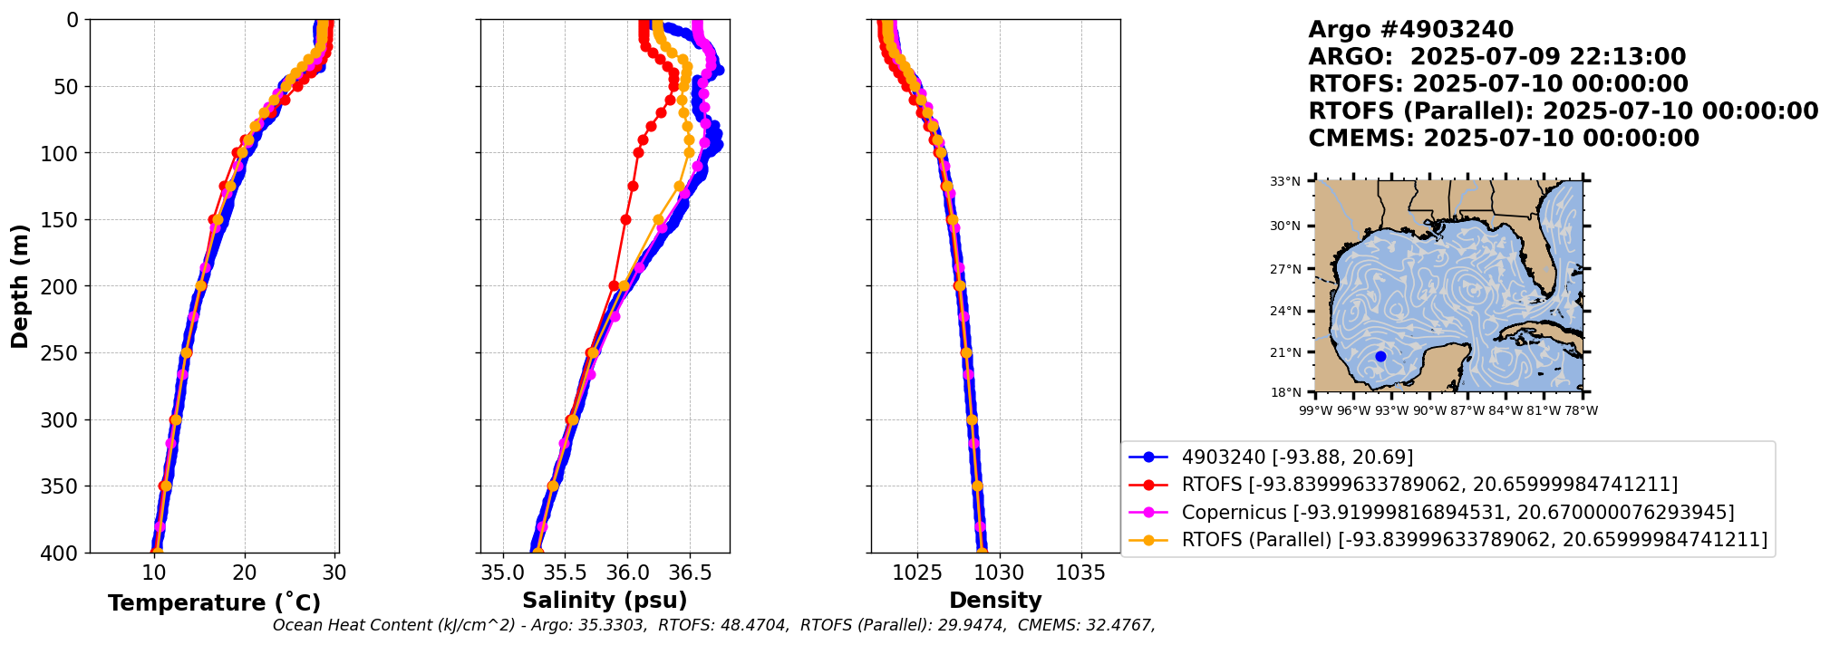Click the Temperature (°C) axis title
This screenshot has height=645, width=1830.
coord(214,603)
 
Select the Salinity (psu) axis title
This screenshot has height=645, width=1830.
coord(605,601)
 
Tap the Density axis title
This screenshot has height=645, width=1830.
coord(995,601)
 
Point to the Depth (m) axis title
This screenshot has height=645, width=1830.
coord(20,286)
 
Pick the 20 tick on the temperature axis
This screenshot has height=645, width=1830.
coord(245,573)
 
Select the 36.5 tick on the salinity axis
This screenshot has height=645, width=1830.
coord(689,573)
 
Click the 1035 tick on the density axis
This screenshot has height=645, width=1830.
coord(1080,573)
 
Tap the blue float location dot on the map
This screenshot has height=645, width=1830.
coord(1380,356)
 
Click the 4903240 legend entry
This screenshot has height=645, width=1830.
coord(1296,457)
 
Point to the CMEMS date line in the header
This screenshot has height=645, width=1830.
coord(1503,139)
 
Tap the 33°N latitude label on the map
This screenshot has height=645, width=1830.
coord(1284,182)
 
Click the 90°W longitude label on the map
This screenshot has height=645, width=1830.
coord(1429,411)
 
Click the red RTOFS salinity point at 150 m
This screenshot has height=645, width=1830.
coord(625,219)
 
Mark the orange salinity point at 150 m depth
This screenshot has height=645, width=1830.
coord(658,219)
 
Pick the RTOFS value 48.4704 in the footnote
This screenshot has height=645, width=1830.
coord(758,625)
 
